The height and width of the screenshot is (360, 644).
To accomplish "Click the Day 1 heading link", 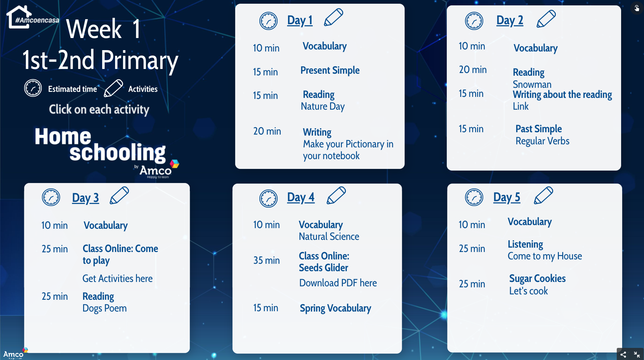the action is coord(300,21).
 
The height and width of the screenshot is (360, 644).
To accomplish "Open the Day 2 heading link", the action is coord(510,21).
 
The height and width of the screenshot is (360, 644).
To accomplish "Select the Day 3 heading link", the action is coord(85,198).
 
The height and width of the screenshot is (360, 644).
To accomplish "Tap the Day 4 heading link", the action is coord(301,197).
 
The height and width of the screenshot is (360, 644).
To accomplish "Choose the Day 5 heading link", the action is coord(507,197).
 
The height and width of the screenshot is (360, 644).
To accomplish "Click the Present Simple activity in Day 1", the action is coord(330,70).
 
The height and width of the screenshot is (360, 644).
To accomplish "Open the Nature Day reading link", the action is coord(323,106).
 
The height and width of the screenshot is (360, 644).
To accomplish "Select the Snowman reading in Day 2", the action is coord(532,84).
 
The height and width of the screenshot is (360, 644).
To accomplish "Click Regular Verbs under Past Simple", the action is coord(542,141).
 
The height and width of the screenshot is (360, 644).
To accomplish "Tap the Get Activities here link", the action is coord(117,279).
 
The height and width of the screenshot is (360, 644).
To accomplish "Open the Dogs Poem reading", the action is coord(105,308).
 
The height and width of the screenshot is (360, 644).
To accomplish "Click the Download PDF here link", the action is coord(338,283).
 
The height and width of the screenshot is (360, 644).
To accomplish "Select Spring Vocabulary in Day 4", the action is coord(335,308).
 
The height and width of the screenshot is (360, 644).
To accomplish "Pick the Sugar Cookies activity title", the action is coord(537,279).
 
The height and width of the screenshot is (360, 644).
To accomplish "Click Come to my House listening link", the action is coord(545,256).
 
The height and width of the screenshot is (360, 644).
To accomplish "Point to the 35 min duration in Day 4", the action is coord(266,260).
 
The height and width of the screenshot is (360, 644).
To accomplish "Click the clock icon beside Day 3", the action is coord(51,197).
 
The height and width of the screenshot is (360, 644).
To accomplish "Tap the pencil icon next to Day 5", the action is coord(543,195).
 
